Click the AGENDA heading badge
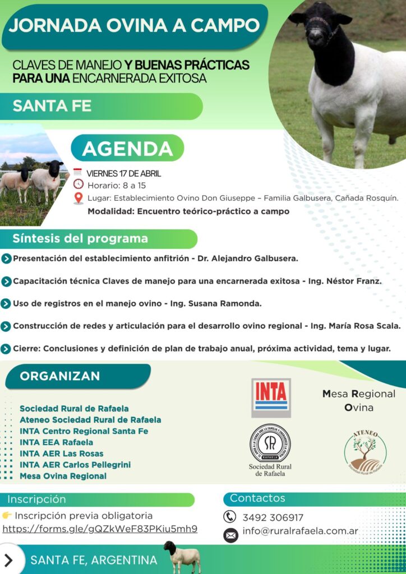click(x=127, y=148)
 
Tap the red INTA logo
click(x=271, y=397)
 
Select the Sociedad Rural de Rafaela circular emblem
click(x=270, y=443)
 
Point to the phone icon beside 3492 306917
click(x=229, y=517)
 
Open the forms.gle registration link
click(x=100, y=529)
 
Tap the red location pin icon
click(x=78, y=198)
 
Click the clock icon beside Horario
click(x=79, y=184)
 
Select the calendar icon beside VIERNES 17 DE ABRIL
click(x=77, y=172)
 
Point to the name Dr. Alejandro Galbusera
click(x=248, y=258)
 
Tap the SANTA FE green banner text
click(x=52, y=106)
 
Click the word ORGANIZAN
click(x=59, y=376)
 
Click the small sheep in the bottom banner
click(x=182, y=557)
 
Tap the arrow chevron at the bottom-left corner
click(x=8, y=560)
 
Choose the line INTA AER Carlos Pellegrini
click(x=75, y=465)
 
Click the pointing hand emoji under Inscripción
click(x=7, y=516)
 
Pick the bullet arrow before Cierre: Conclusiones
click(x=6, y=349)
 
